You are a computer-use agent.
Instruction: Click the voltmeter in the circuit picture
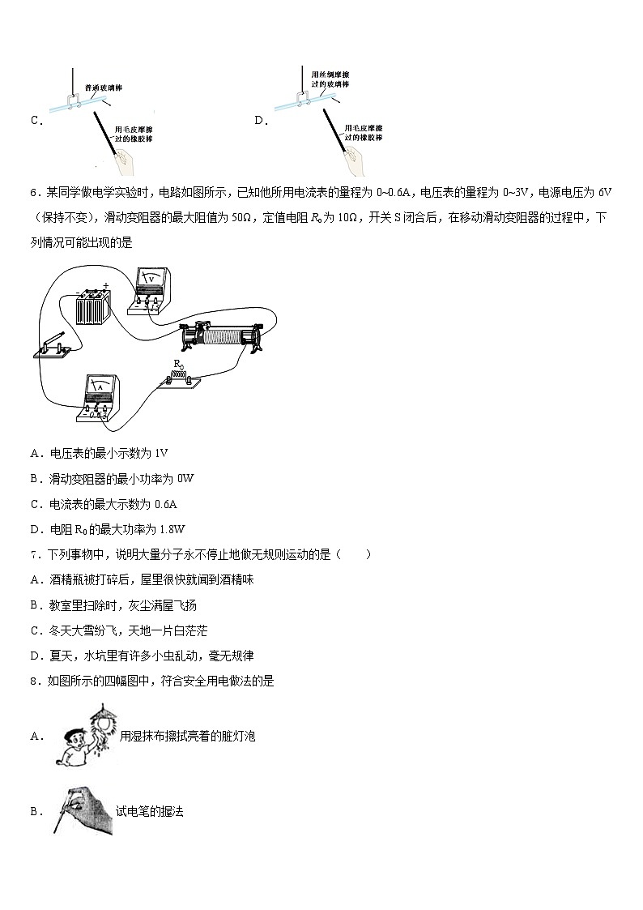(x=148, y=289)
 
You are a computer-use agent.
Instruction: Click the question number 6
(x=33, y=193)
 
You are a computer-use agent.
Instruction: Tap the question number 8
(x=33, y=681)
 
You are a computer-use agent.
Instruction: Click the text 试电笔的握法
(x=150, y=810)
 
